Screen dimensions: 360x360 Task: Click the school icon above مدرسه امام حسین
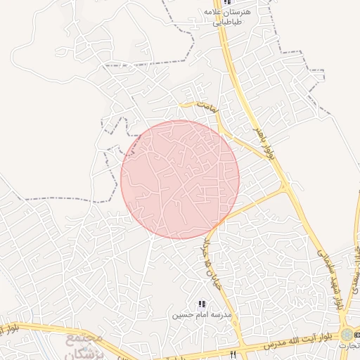[x=202, y=304]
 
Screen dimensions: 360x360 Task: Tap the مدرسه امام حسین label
[x=202, y=315]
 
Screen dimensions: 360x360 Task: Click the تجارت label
[x=348, y=346]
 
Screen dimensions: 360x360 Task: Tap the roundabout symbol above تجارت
[x=347, y=333]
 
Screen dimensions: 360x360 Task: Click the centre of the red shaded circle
[x=180, y=179]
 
